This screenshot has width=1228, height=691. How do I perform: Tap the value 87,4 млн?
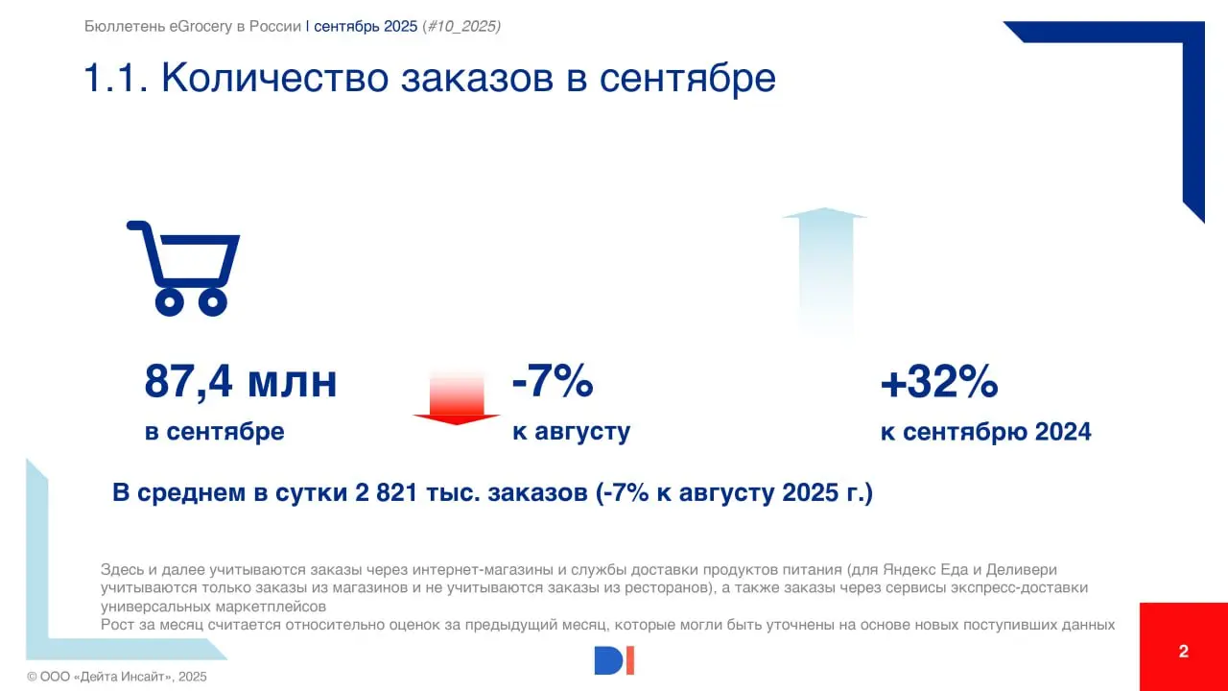coord(241,382)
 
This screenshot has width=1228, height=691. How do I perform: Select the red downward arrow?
coord(457,399)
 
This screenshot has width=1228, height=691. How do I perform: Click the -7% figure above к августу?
coord(553,382)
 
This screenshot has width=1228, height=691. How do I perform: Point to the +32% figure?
coord(939,383)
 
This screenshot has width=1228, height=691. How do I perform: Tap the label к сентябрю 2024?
coord(985,432)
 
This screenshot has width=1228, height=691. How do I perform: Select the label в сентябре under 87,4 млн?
coord(214,432)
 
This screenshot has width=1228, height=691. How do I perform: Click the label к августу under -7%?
coord(571,432)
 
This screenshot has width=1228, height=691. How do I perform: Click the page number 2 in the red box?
coord(1183,651)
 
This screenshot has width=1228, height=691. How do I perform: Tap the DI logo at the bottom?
coord(614,660)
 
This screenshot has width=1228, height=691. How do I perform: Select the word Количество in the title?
coord(274,79)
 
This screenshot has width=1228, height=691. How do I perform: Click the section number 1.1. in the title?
coord(114,79)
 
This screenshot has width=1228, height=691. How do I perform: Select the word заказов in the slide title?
coord(476,79)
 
